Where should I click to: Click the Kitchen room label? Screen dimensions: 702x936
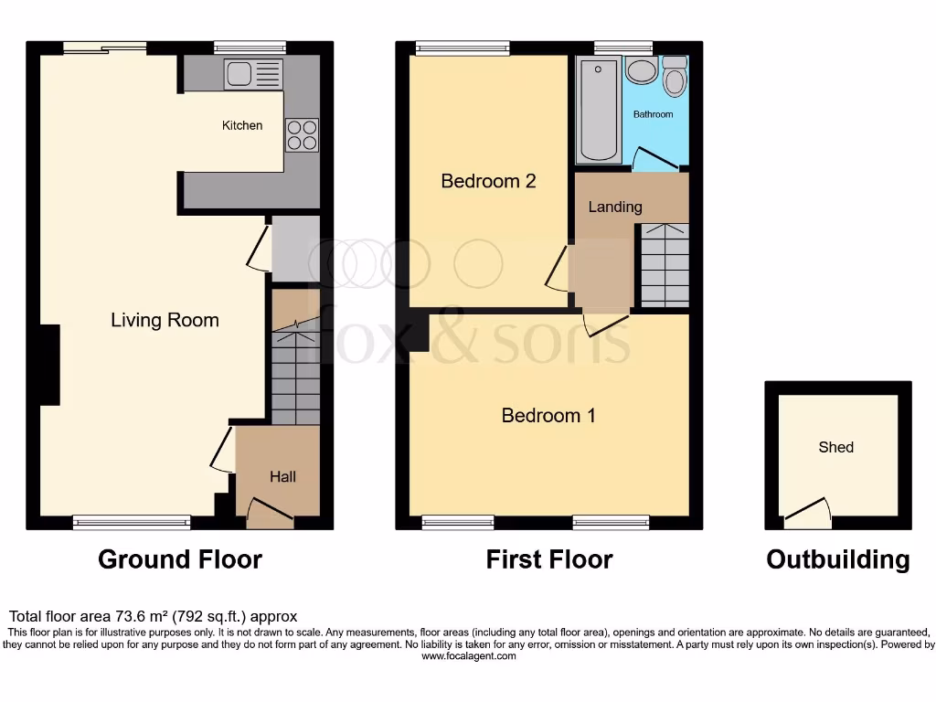(242, 125)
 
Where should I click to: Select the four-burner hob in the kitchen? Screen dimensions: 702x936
(303, 135)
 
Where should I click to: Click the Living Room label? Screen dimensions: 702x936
(165, 320)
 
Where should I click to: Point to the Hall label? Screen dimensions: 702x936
(282, 476)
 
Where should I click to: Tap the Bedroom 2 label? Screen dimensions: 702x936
(488, 181)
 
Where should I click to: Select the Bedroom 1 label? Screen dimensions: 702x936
(548, 416)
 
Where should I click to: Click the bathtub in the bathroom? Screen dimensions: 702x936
(599, 110)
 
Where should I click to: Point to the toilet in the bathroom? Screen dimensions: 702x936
(675, 78)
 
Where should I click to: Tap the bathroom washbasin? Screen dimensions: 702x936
(641, 72)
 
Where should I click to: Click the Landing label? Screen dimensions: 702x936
(614, 207)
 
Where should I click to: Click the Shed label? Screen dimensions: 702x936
(836, 447)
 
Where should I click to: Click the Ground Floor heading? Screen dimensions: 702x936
(180, 559)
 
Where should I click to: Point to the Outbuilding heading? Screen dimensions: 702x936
(837, 559)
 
